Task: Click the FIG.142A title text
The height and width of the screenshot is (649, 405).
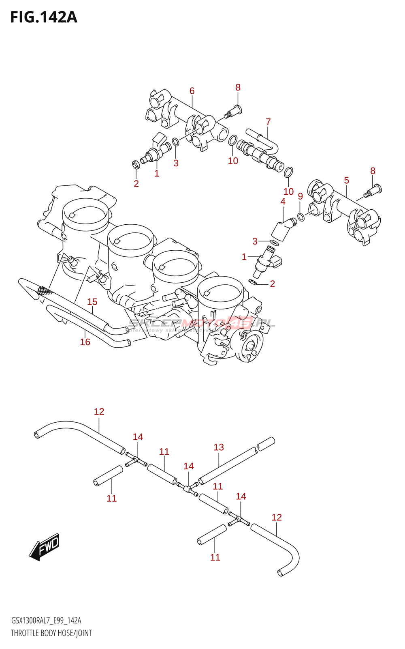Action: [44, 17]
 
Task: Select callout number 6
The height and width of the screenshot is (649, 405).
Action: [192, 91]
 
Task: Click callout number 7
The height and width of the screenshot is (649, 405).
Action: [268, 122]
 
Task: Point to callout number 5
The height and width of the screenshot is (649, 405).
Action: [346, 180]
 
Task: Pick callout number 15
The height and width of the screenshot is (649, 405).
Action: [92, 302]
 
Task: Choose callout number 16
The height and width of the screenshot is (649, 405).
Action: [85, 342]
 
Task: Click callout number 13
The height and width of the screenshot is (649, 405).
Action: [219, 447]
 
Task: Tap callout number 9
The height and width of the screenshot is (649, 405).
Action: [300, 196]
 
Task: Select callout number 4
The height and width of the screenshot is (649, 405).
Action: [283, 202]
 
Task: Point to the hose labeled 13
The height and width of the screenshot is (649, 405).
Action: [228, 466]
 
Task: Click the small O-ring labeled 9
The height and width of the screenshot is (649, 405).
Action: [301, 217]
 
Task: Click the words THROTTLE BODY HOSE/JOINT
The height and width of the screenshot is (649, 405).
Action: [51, 633]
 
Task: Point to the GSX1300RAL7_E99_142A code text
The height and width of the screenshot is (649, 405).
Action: [46, 620]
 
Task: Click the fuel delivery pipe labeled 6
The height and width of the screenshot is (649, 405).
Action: [186, 118]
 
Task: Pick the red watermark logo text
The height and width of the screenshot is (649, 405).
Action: [202, 323]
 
